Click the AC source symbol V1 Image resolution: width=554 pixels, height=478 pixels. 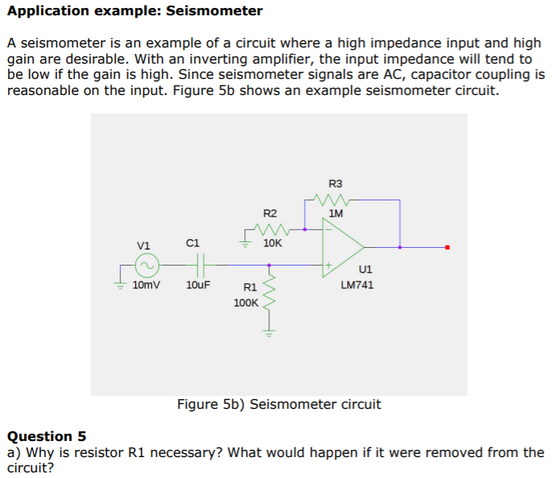pos(146,264)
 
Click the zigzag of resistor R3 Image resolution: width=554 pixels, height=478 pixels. pos(331,199)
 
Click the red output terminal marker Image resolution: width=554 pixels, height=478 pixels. pos(448,247)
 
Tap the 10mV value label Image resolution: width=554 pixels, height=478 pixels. pos(146,286)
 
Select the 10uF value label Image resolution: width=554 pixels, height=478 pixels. pos(199,286)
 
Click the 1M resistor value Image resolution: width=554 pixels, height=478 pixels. pos(336,214)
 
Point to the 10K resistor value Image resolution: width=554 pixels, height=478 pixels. pos(272,242)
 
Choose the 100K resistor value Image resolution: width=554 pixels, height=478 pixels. pos(246,303)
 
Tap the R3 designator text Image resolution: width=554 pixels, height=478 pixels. pos(335,183)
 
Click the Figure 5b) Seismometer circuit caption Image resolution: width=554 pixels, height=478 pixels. pos(278,404)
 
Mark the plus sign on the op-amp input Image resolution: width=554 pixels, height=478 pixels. pos(327,263)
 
